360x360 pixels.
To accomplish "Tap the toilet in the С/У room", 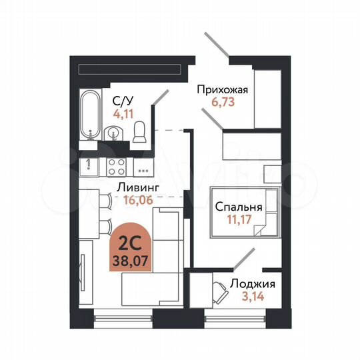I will [x=139, y=135].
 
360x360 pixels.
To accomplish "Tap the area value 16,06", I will [x=139, y=199].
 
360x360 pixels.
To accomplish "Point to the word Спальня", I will [x=238, y=207].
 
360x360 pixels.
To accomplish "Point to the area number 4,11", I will [x=122, y=113].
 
